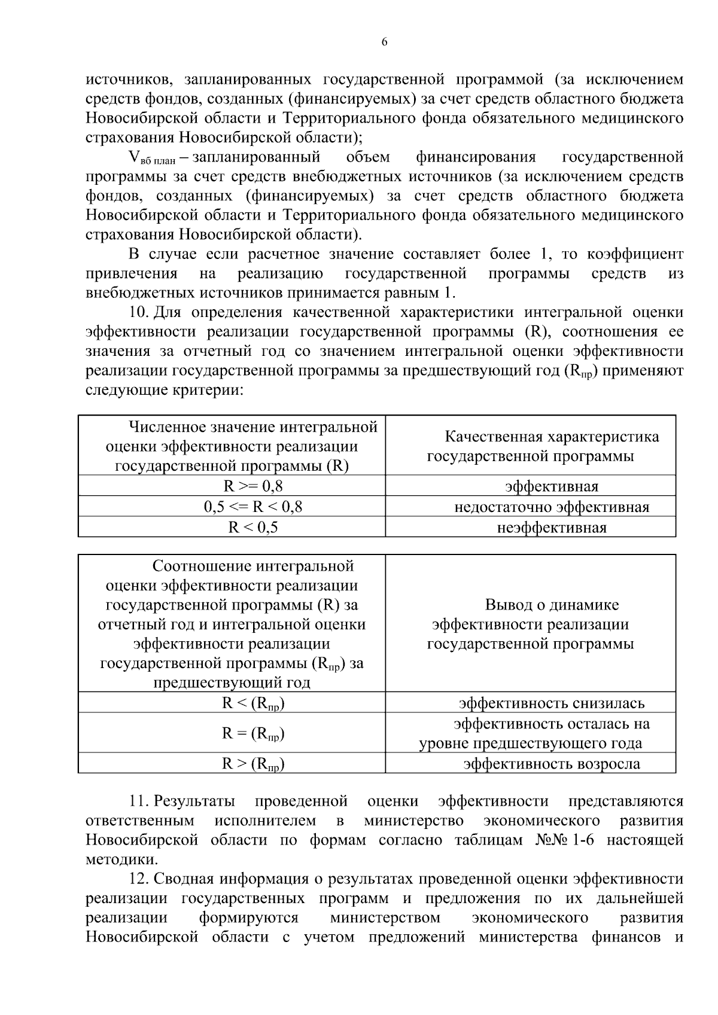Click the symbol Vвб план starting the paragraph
tap(150, 158)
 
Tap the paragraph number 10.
tap(139, 313)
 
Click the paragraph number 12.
tap(139, 879)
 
